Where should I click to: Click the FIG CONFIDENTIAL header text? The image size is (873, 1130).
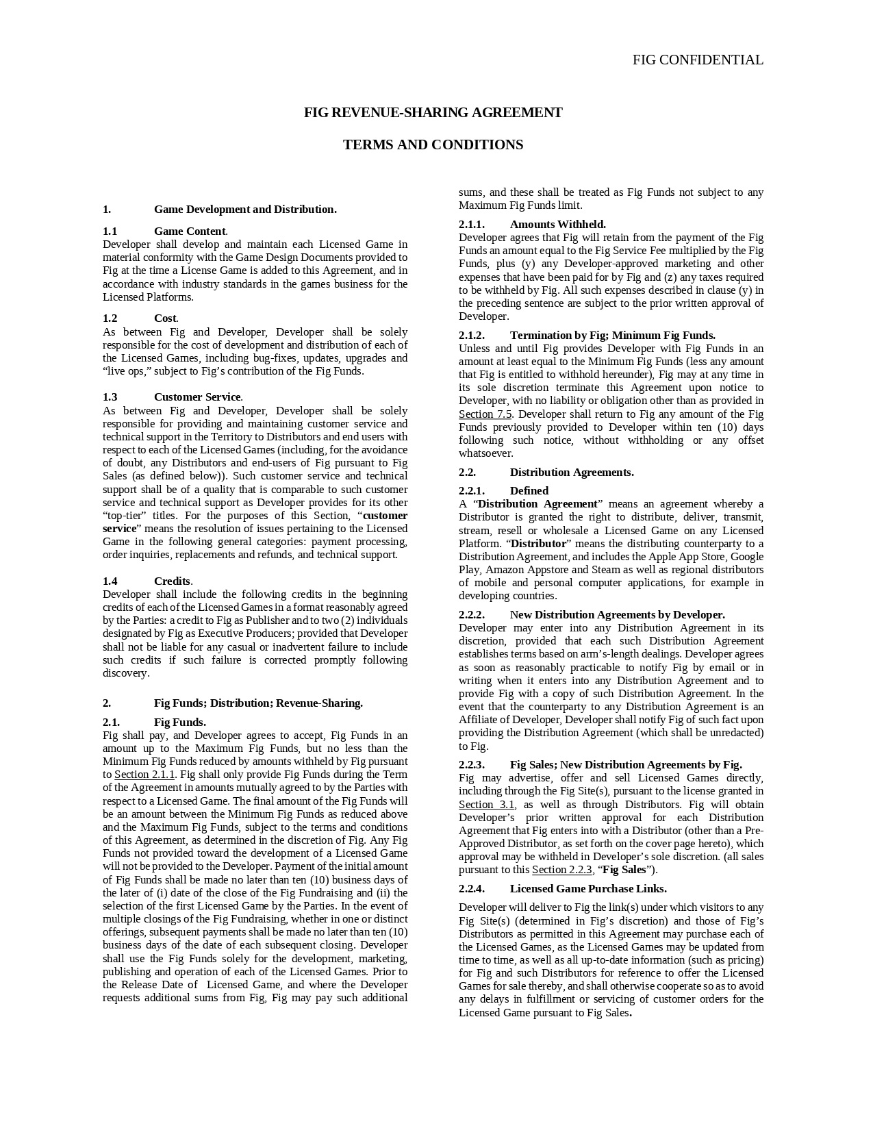697,60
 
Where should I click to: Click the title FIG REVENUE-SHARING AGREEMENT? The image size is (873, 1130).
433,112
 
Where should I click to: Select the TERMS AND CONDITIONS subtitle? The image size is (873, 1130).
433,145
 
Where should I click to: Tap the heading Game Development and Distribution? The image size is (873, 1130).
244,210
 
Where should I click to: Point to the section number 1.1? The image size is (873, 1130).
110,231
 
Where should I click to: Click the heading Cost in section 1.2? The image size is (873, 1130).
165,318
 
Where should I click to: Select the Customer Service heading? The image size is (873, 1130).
197,397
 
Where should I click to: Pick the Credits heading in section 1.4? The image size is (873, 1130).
172,581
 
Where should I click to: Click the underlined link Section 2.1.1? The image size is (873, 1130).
144,775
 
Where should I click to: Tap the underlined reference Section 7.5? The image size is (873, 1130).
485,414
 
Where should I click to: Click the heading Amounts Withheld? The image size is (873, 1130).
557,225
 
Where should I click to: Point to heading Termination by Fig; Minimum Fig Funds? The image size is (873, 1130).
612,336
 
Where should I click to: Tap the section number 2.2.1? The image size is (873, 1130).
471,491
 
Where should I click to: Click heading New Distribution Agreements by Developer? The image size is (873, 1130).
617,615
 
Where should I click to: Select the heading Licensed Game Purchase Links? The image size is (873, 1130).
587,889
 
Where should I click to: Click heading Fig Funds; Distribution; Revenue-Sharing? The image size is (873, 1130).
258,703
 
